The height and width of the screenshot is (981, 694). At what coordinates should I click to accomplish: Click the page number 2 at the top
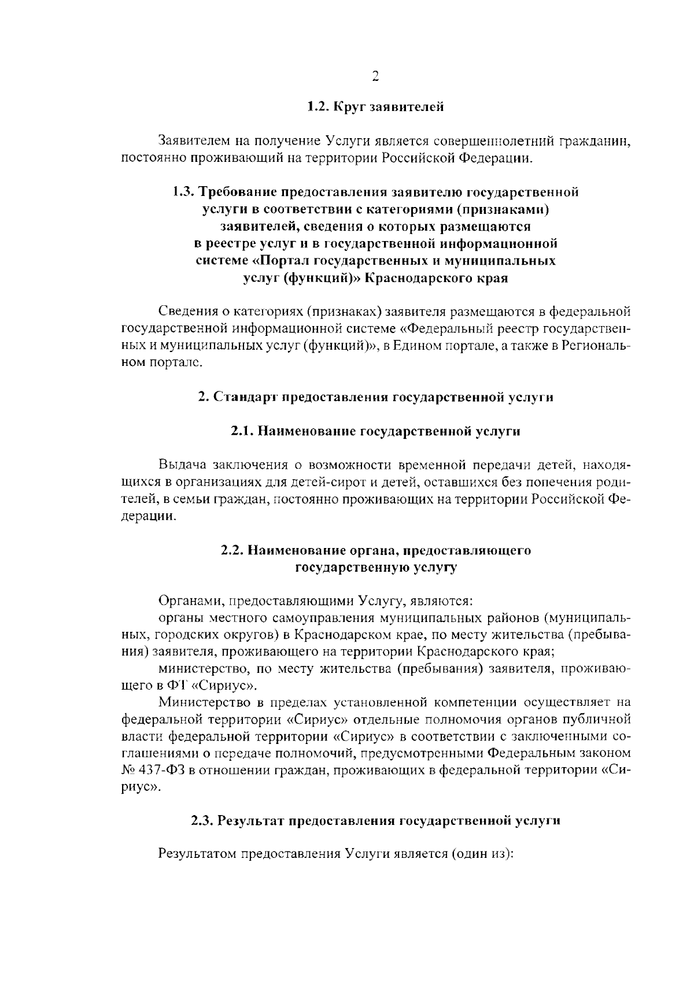375,77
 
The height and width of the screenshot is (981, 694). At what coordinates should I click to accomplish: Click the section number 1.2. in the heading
318,106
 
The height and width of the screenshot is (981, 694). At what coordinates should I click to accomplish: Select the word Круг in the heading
349,107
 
